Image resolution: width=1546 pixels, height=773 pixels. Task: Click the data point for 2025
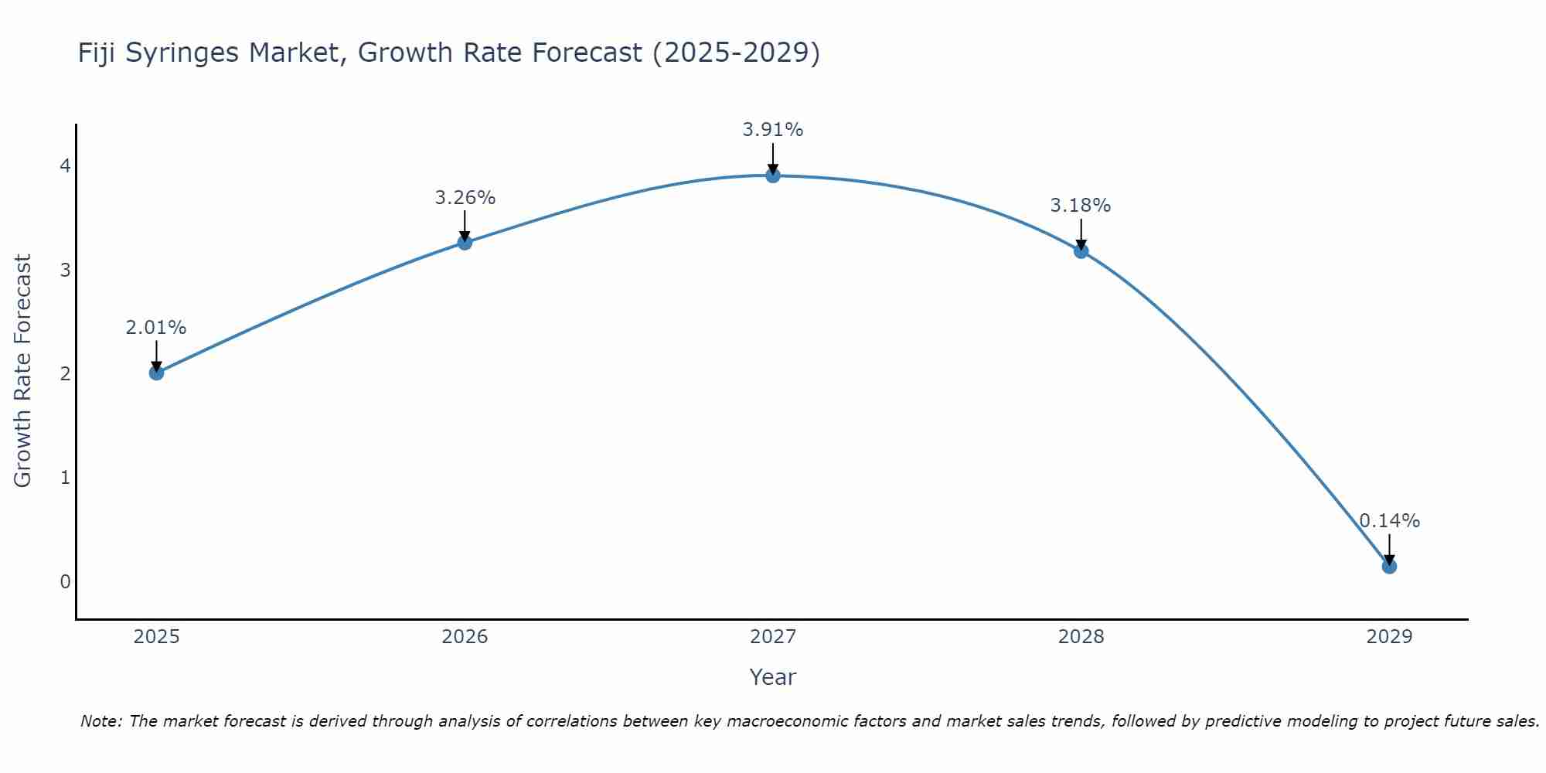pos(156,373)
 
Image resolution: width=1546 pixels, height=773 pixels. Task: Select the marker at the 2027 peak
pos(773,175)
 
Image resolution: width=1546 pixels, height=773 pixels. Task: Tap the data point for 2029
pos(1389,567)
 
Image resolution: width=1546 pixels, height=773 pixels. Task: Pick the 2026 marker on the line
pos(465,243)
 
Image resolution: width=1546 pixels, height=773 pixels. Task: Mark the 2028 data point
pos(1081,250)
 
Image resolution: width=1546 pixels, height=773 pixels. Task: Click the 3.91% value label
pos(773,130)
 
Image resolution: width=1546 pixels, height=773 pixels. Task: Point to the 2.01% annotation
pos(156,328)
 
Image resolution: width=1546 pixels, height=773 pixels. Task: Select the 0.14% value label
pos(1389,521)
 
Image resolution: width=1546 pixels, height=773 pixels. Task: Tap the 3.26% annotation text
pos(465,198)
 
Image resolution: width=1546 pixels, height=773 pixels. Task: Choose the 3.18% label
pos(1081,206)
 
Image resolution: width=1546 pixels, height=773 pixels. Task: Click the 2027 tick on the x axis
pos(773,637)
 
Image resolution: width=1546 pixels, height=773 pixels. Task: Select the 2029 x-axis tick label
pos(1389,637)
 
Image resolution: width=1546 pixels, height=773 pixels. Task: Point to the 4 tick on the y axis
pos(65,166)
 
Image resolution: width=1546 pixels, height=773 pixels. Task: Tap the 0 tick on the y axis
pos(65,581)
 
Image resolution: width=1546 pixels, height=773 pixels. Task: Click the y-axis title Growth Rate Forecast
pos(23,371)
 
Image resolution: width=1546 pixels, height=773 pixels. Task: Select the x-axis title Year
pos(773,677)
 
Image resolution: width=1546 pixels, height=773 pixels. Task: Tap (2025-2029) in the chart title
pos(736,53)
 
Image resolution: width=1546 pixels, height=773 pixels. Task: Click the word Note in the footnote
pos(100,721)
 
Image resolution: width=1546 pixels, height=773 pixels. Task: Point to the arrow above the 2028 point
pos(1081,233)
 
